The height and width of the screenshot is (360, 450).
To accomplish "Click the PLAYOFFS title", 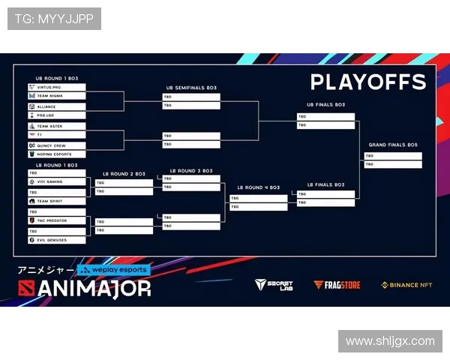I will tap(367, 82).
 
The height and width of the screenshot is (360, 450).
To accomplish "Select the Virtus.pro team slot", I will tap(55, 88).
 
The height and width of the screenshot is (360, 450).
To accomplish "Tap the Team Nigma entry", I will tap(55, 96).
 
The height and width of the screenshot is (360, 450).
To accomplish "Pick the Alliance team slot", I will tap(55, 107).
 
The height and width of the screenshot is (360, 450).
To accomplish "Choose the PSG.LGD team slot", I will tap(55, 115).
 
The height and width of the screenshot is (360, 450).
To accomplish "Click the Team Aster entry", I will tap(55, 127).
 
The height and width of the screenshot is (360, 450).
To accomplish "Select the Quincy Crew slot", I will tap(55, 145).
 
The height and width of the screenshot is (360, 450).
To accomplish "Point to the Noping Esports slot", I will tap(55, 154).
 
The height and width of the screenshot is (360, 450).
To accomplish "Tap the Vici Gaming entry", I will tap(55, 181).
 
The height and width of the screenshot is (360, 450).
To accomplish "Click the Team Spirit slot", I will tap(55, 201).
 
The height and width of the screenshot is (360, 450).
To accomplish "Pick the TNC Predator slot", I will tap(55, 220).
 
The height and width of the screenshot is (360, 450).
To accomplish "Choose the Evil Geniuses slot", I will tap(55, 240).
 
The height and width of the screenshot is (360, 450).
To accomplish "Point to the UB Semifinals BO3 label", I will tap(192, 88).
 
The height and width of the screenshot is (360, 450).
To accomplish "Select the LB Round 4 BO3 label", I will tap(259, 187).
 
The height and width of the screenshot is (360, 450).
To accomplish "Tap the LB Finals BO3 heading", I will tap(325, 184).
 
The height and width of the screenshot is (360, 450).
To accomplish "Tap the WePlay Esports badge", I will tap(114, 270).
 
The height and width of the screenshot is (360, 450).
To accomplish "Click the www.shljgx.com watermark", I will tap(389, 341).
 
